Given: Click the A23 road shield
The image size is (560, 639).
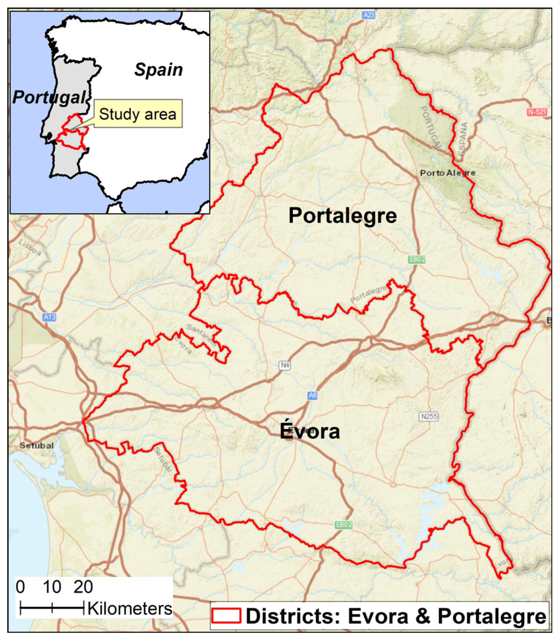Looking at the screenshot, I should click(x=369, y=15).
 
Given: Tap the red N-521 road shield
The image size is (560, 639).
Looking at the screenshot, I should click(x=537, y=112).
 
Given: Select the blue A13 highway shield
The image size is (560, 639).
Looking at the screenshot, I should click(x=49, y=317).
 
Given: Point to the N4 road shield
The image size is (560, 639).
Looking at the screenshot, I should click(x=284, y=365).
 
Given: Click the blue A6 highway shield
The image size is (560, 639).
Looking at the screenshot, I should click(x=313, y=396).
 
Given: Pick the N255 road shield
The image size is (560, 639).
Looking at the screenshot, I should click(x=429, y=416).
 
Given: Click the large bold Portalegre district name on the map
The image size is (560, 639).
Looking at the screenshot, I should click(x=343, y=216).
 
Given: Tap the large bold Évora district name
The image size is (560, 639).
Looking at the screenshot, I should click(x=310, y=431).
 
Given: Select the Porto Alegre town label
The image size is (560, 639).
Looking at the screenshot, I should click(x=447, y=173).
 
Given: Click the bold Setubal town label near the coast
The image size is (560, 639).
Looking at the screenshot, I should click(x=37, y=445).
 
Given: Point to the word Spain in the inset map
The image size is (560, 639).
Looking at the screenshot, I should click(x=159, y=70).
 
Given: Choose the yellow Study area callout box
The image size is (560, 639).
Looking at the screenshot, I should click(x=138, y=114).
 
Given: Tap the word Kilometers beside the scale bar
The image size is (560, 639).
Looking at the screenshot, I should click(x=130, y=609).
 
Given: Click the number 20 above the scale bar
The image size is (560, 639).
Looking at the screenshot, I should click(x=83, y=587).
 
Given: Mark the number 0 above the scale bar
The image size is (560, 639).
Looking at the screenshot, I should click(x=20, y=587).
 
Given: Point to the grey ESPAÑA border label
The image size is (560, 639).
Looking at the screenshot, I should click(x=463, y=138).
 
